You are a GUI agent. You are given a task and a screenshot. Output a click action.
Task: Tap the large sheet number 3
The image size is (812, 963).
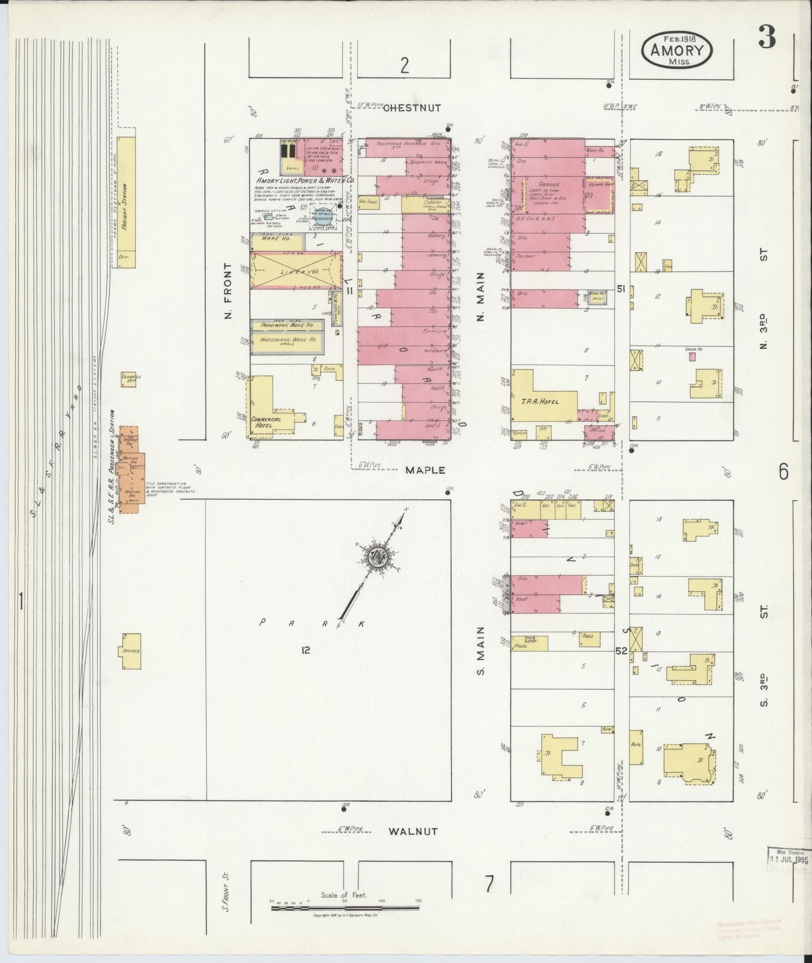click(x=767, y=37)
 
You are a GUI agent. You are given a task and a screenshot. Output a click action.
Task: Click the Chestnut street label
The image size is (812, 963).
click(x=412, y=108)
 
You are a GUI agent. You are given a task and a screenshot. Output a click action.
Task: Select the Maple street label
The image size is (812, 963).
click(x=425, y=470)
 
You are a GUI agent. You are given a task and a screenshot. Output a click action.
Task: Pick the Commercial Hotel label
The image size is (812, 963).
click(x=266, y=422)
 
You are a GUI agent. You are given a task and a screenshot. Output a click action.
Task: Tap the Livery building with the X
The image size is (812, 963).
click(x=293, y=270)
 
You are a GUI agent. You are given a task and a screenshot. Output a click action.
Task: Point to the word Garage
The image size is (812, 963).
click(x=549, y=185)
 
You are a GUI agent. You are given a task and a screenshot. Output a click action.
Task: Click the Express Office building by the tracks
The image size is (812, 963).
click(x=128, y=379)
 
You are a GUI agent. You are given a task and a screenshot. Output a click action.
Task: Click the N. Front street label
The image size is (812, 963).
click(x=229, y=291)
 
